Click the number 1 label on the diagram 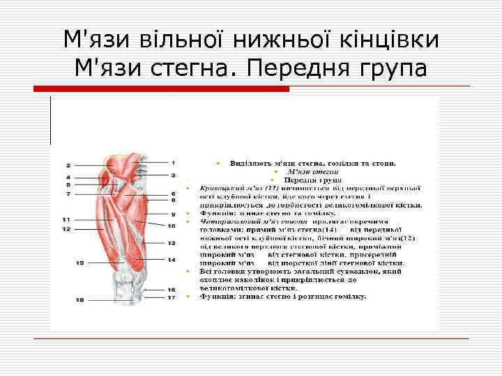(173, 162)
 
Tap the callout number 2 (68, 165)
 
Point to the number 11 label (66, 219)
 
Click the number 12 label (66, 228)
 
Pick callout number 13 (172, 243)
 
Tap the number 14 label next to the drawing (172, 260)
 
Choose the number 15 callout (80, 263)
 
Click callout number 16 (172, 290)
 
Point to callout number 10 (172, 226)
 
